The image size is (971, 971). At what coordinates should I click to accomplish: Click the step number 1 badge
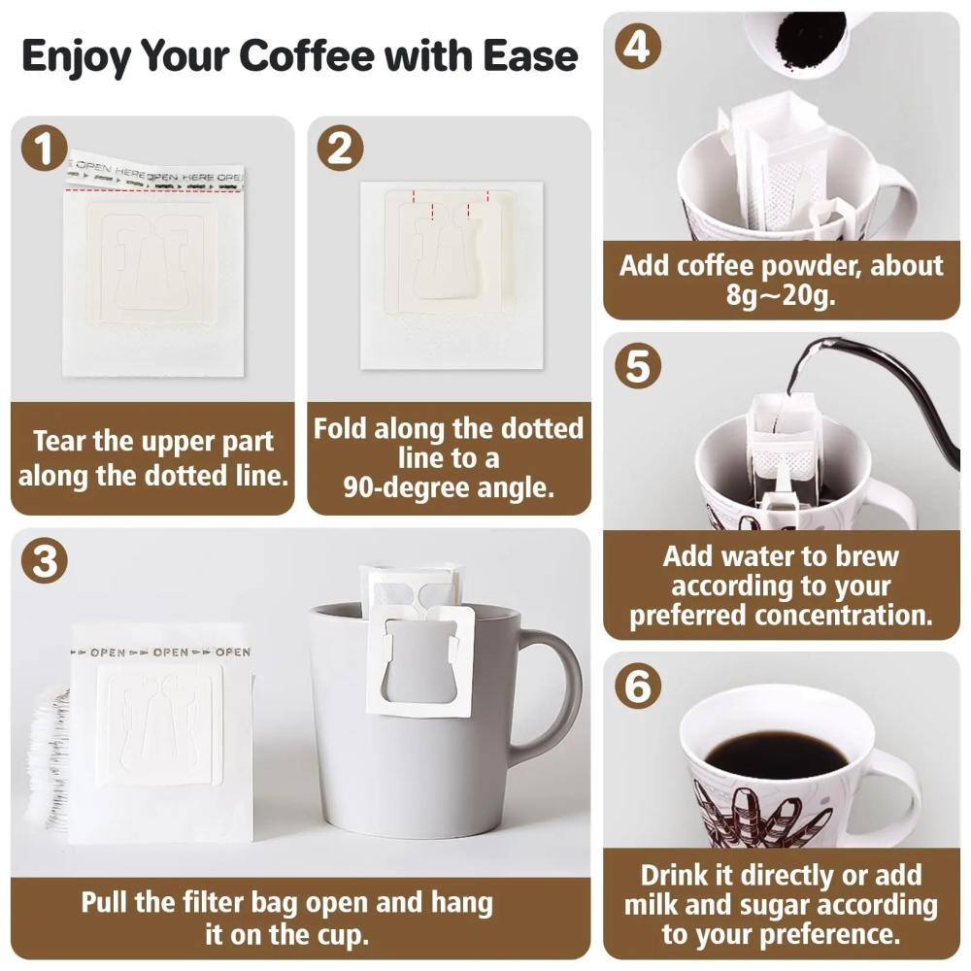44,149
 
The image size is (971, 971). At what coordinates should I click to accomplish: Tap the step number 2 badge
340,149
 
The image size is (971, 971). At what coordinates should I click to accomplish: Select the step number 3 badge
44,561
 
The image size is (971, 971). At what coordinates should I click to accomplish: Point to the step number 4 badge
637,46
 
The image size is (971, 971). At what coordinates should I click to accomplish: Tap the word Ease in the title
530,55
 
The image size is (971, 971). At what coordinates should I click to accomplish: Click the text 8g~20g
781,295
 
